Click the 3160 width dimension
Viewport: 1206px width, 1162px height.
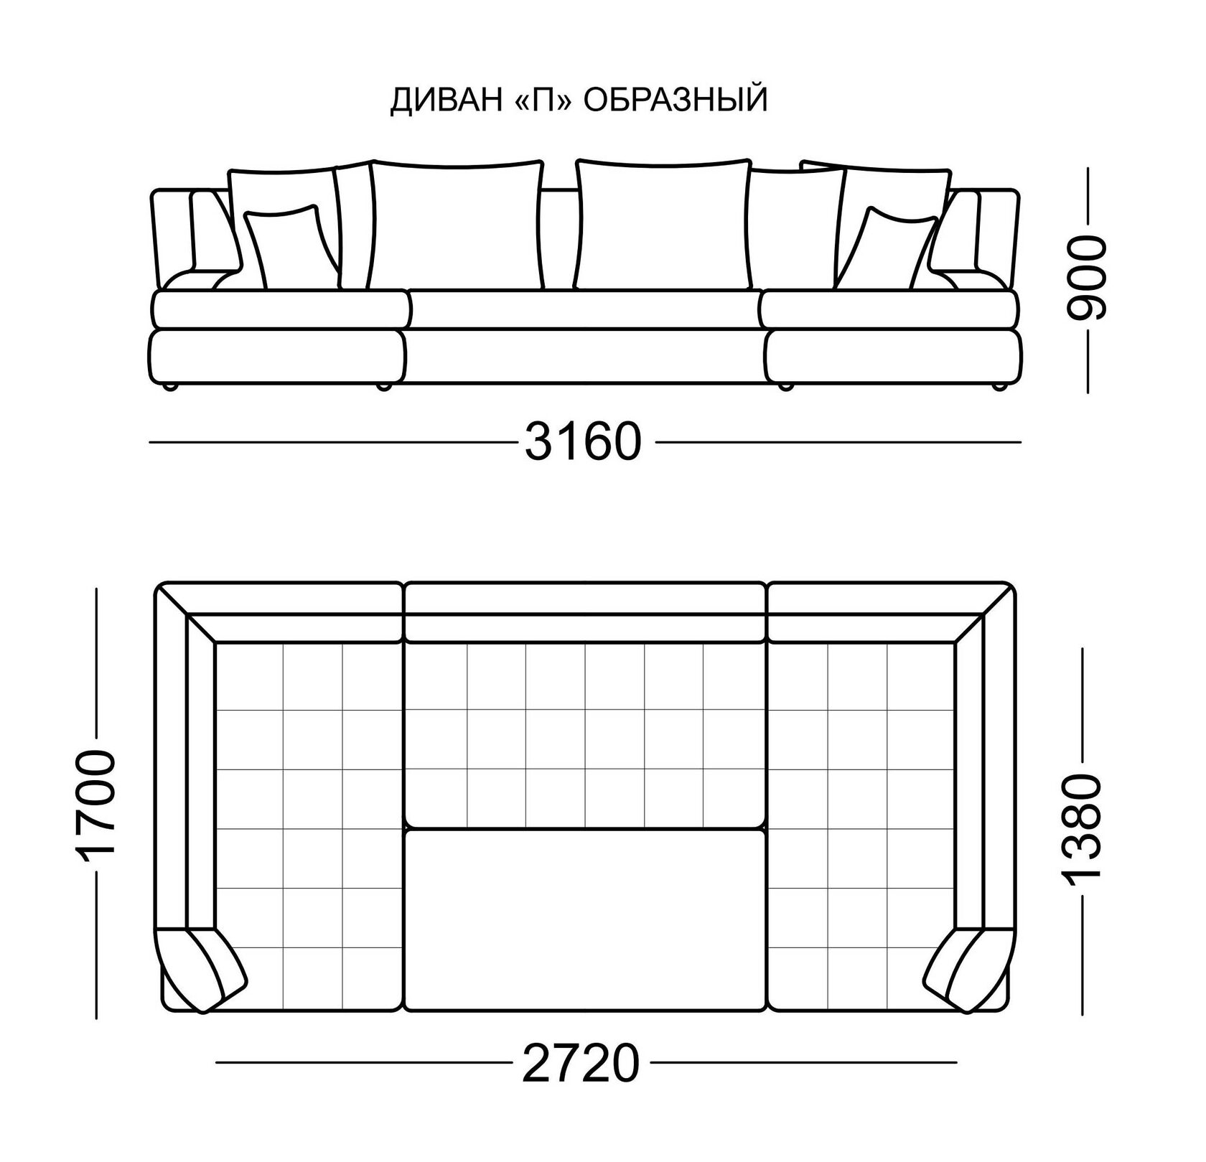(x=582, y=441)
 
